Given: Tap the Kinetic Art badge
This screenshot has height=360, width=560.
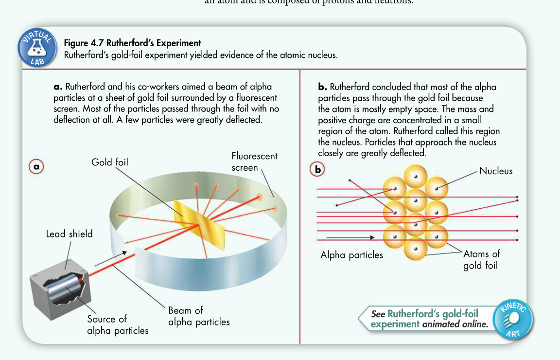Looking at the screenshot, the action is click(513, 320).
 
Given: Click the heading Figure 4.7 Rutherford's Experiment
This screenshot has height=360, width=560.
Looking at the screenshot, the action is click(133, 43).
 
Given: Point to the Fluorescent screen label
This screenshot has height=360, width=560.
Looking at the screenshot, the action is click(254, 162).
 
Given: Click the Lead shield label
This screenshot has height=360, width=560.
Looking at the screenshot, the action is click(69, 234).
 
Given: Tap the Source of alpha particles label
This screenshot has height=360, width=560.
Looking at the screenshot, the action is click(118, 325).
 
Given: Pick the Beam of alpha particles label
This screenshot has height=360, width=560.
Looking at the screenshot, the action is click(199, 316).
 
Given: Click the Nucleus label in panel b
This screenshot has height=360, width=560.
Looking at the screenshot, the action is click(496, 171).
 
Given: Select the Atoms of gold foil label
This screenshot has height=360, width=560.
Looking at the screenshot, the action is click(481, 260).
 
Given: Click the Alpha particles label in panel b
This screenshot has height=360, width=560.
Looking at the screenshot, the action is click(351, 255).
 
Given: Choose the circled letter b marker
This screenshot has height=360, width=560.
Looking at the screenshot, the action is click(317, 169).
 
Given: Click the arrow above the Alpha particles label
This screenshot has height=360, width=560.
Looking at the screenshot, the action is click(350, 238).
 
